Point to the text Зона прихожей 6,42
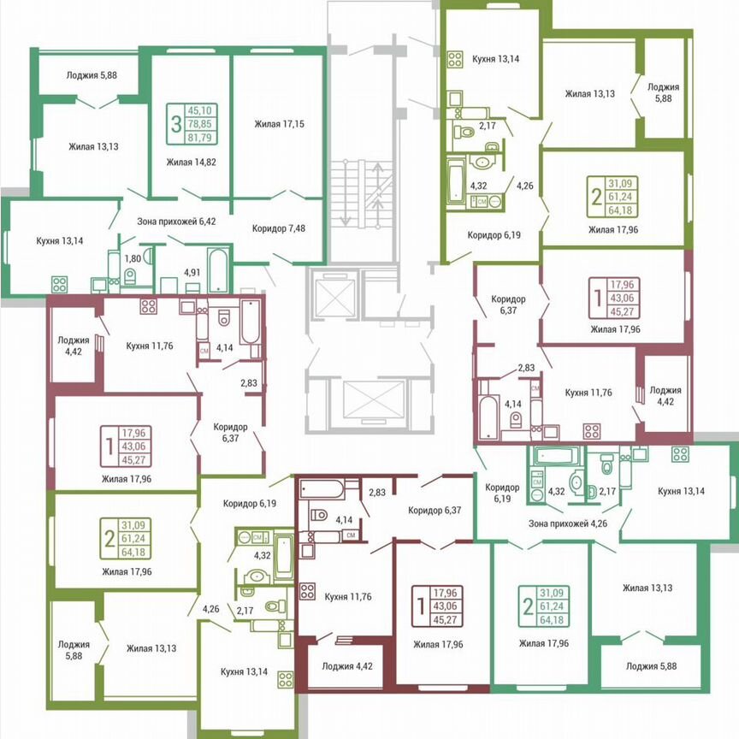pos(178,220)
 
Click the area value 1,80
pos(133,257)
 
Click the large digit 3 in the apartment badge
pos(175,124)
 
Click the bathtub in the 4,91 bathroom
pos(218,269)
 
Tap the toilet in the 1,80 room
pos(130,275)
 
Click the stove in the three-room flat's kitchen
pos(60,284)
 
